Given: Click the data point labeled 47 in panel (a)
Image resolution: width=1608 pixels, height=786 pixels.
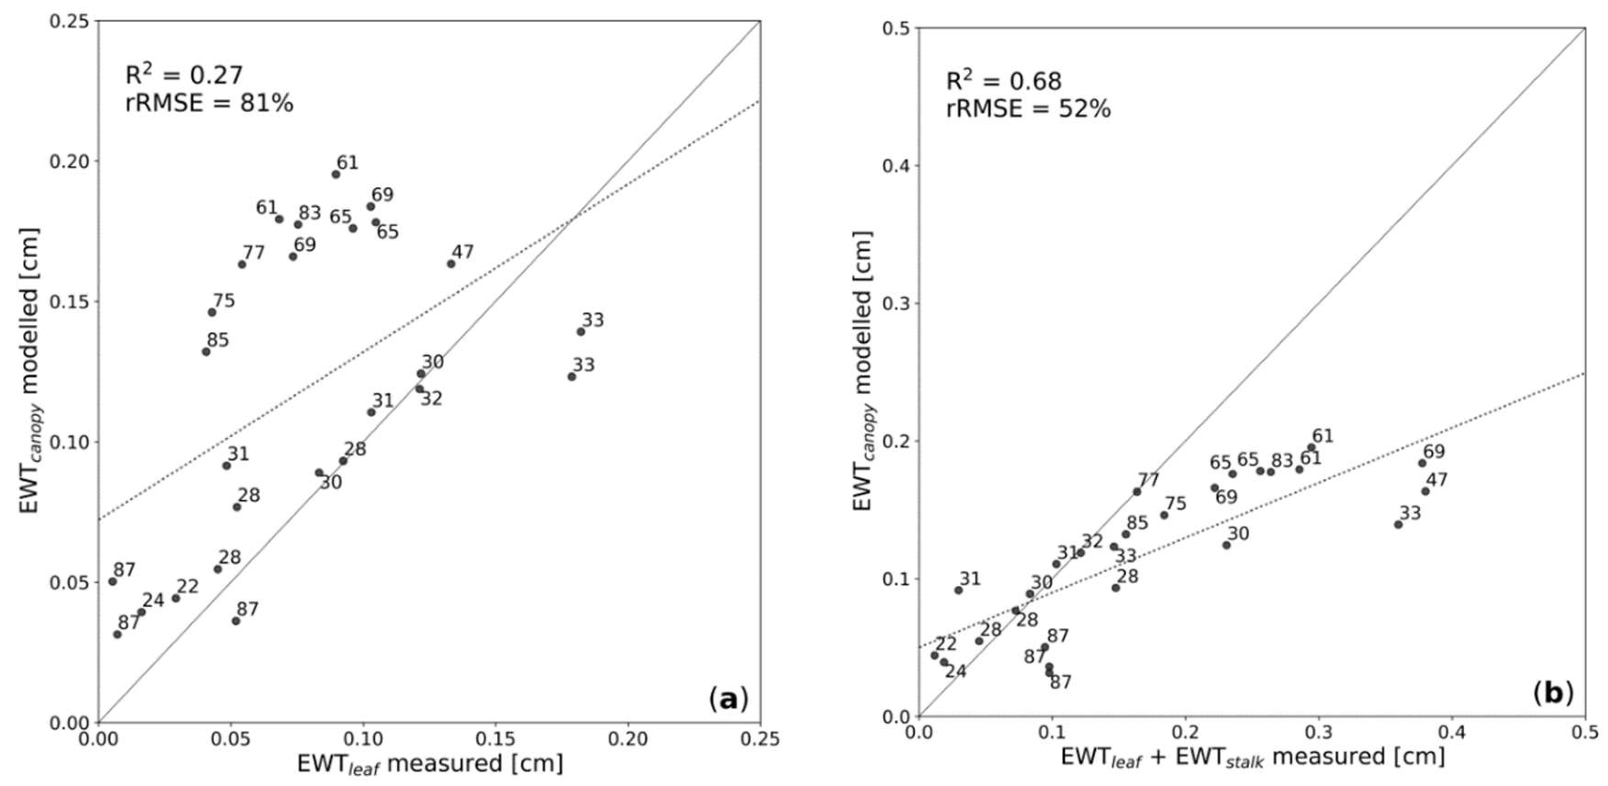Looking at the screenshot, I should (451, 264).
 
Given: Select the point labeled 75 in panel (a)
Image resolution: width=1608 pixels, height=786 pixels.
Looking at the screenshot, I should (212, 312).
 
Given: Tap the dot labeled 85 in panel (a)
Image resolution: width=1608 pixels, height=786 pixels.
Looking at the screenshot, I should (206, 351).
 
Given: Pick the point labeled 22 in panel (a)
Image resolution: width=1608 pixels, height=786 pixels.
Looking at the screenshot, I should (176, 598).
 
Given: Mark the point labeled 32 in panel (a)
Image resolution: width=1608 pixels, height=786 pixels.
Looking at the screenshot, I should (419, 389).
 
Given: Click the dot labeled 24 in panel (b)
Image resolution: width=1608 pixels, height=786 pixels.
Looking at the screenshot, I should (944, 662).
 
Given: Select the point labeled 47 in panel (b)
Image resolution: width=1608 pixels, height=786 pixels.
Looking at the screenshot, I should (1425, 491).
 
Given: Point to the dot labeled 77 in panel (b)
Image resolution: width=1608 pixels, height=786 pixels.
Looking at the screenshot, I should (1137, 492).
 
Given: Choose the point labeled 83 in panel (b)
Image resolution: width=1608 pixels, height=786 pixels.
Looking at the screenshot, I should (1270, 471).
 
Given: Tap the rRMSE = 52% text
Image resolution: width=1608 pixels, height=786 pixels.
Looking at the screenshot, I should (1028, 109).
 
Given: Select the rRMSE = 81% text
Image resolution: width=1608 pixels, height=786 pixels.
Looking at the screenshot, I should (209, 103).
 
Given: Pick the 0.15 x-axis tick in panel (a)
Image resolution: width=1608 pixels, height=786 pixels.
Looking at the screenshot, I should (496, 739).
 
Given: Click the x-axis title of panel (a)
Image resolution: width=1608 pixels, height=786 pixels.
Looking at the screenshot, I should (430, 764).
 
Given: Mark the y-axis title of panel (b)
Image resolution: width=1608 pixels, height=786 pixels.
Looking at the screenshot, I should (863, 371).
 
